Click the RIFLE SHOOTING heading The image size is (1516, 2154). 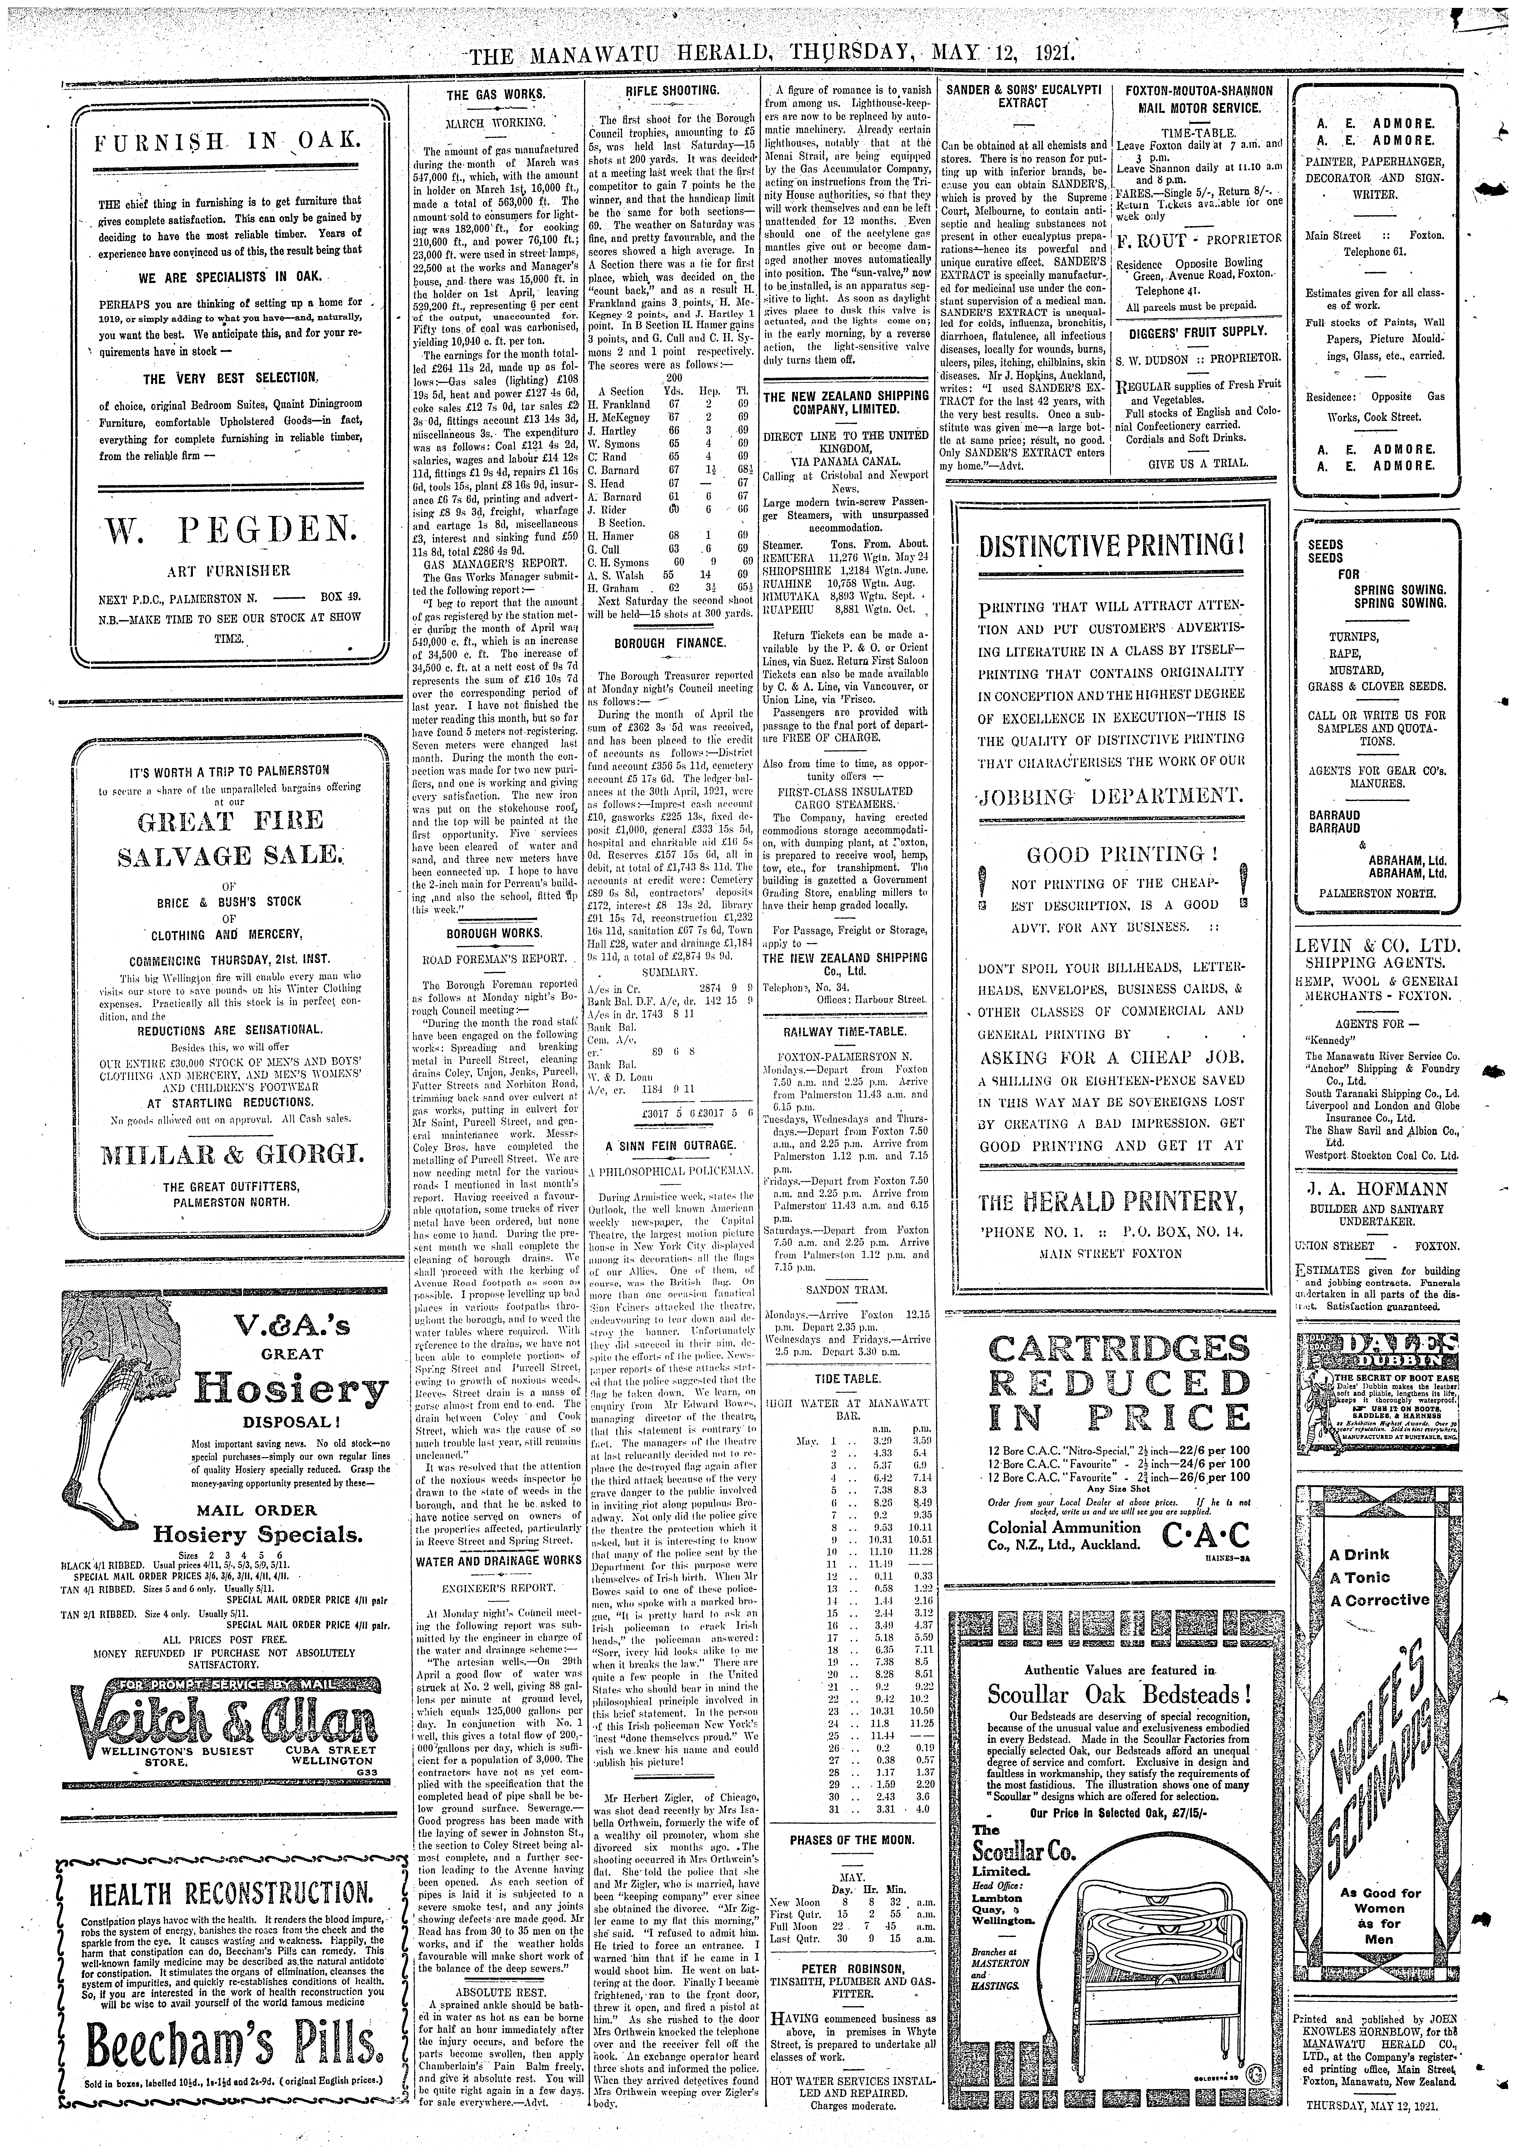[672, 91]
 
